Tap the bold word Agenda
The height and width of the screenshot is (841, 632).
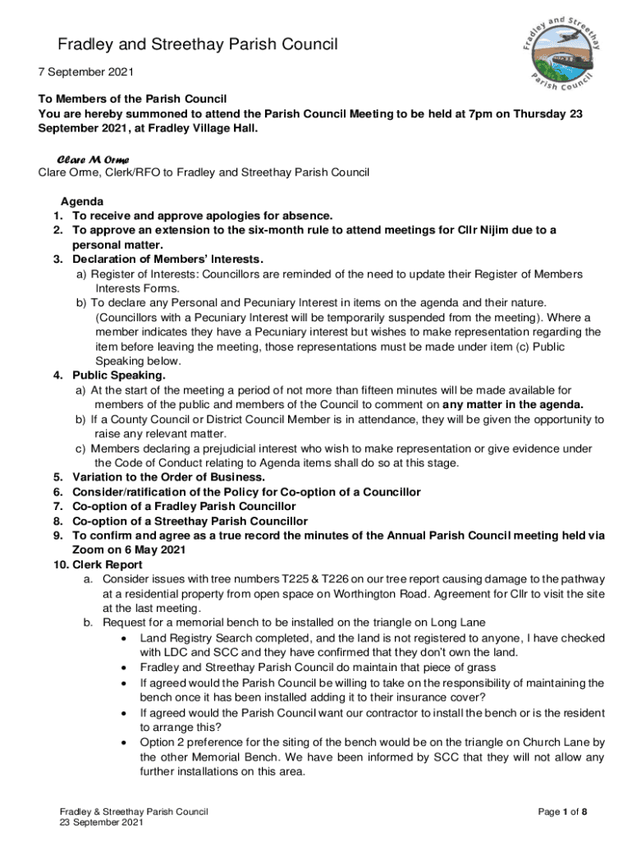click(82, 201)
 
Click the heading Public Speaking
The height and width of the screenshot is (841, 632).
click(119, 375)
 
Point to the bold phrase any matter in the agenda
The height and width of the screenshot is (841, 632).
click(513, 405)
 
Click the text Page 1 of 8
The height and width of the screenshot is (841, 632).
click(562, 812)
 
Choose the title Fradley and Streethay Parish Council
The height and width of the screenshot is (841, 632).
click(197, 44)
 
